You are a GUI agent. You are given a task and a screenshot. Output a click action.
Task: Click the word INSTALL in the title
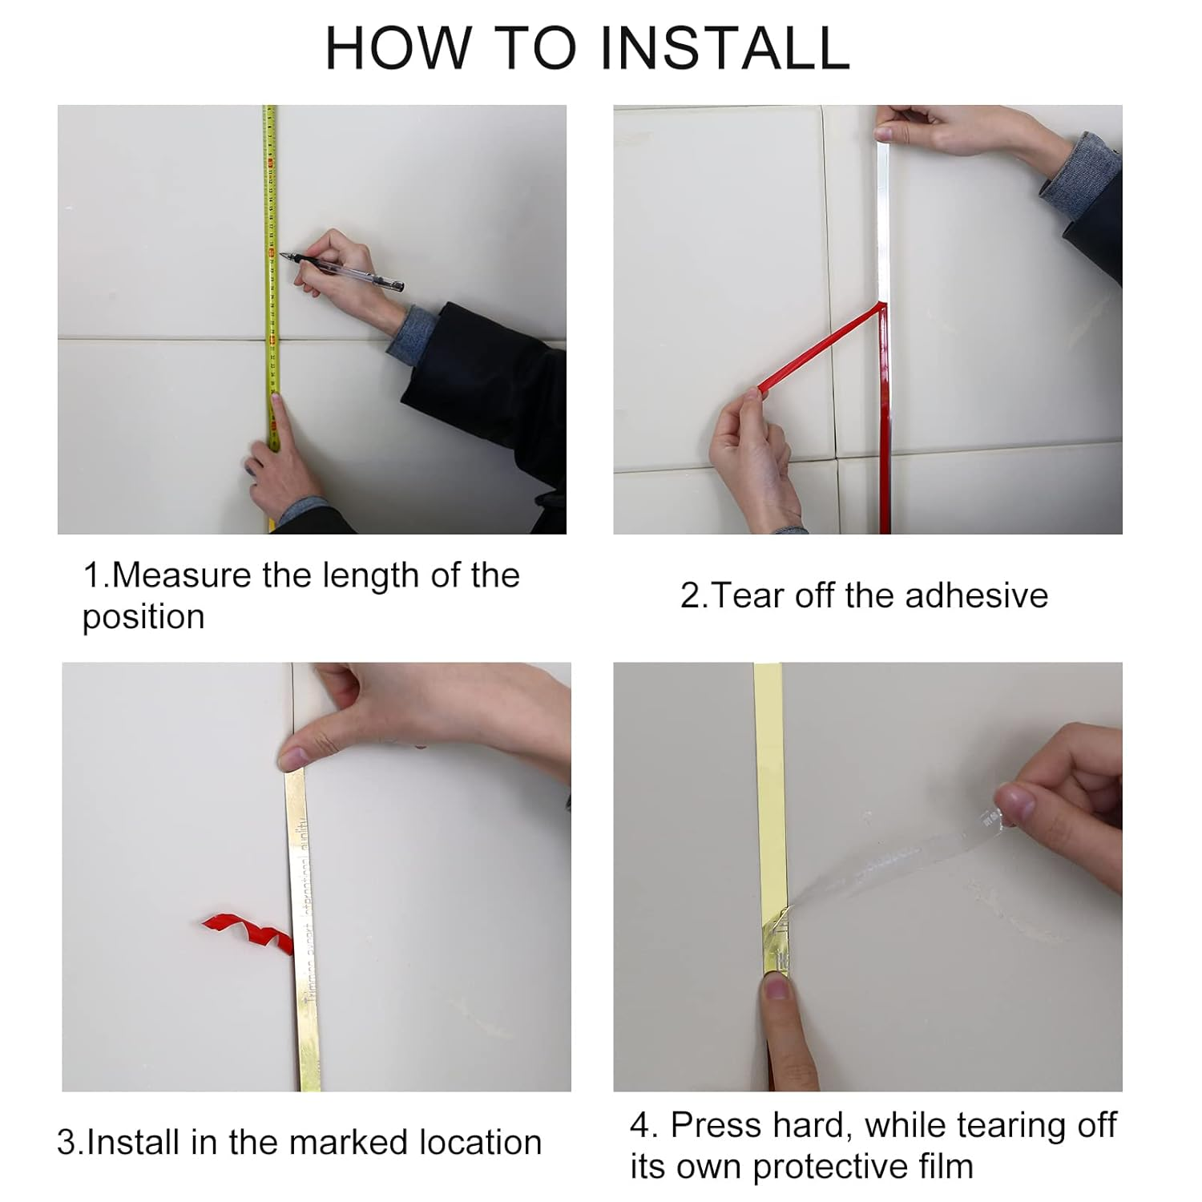click(724, 48)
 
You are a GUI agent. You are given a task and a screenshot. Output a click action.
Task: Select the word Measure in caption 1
click(181, 576)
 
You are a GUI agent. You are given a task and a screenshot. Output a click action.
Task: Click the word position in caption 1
click(143, 618)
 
